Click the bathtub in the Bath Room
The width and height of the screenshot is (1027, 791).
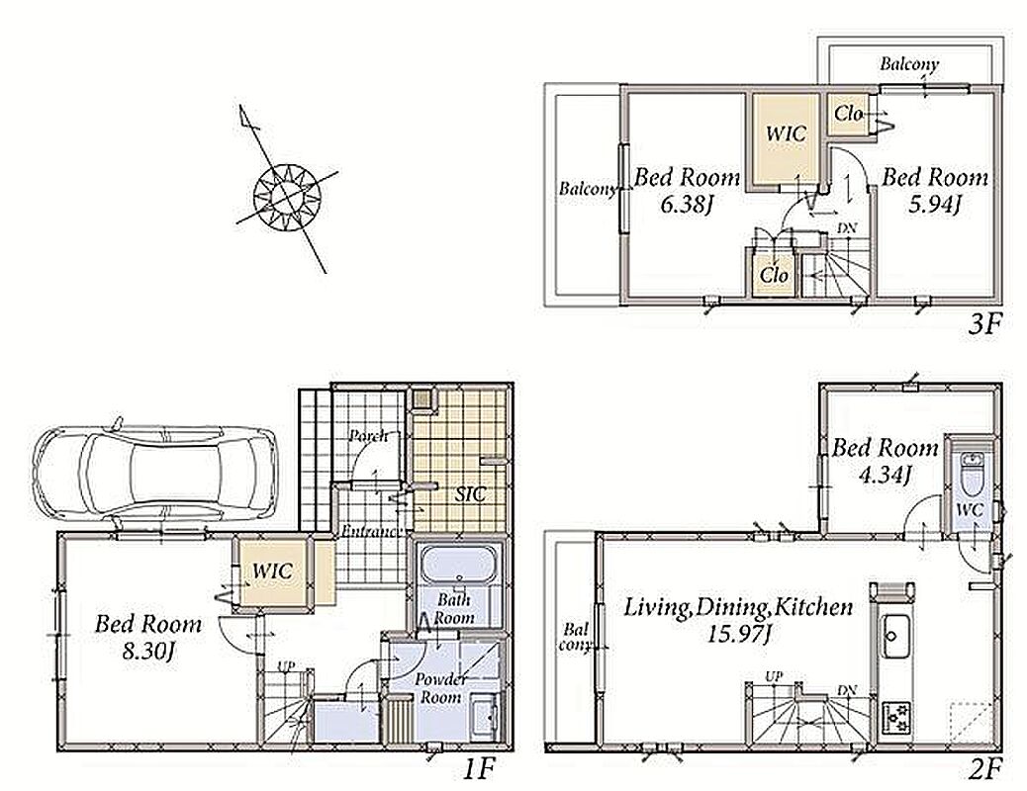pyautogui.click(x=458, y=566)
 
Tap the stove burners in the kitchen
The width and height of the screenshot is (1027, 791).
pyautogui.click(x=893, y=717)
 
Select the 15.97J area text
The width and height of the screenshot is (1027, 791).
pyautogui.click(x=738, y=634)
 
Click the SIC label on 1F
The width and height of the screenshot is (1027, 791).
pyautogui.click(x=470, y=494)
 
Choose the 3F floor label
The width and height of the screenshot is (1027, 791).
pyautogui.click(x=985, y=324)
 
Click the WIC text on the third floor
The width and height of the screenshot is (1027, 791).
pyautogui.click(x=786, y=134)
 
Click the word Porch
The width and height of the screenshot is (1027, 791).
pyautogui.click(x=367, y=436)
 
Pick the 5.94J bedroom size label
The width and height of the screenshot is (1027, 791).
pyautogui.click(x=934, y=205)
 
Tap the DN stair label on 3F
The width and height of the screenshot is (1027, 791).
pyautogui.click(x=846, y=229)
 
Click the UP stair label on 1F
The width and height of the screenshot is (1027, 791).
pyautogui.click(x=286, y=666)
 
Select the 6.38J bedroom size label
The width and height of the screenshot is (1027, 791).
pyautogui.click(x=685, y=205)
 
